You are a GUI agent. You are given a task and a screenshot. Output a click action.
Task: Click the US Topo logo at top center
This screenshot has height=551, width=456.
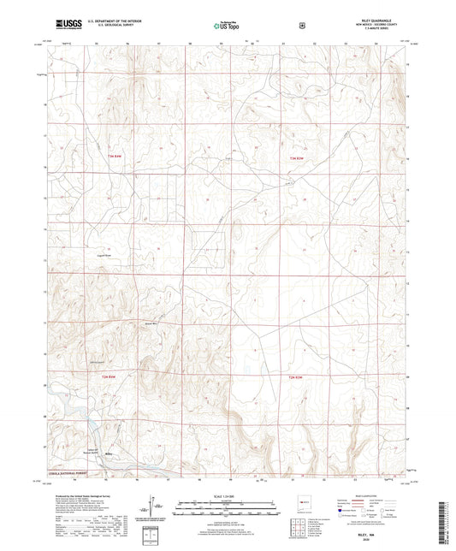[x=227, y=26]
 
